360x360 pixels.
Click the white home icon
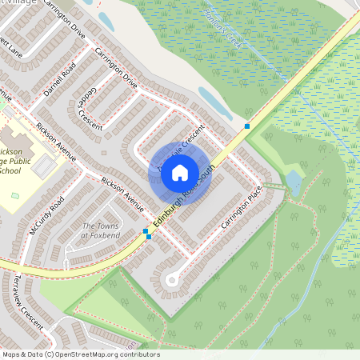pyautogui.click(x=180, y=172)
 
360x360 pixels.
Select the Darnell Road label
pyautogui.click(x=59, y=80)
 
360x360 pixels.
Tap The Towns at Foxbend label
pyautogui.click(x=100, y=231)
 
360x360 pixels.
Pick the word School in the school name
pyautogui.click(x=10, y=170)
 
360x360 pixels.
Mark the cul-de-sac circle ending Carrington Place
pyautogui.click(x=171, y=279)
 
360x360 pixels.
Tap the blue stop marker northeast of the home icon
pyautogui.click(x=247, y=127)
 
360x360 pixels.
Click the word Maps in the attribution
pyautogui.click(x=11, y=354)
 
